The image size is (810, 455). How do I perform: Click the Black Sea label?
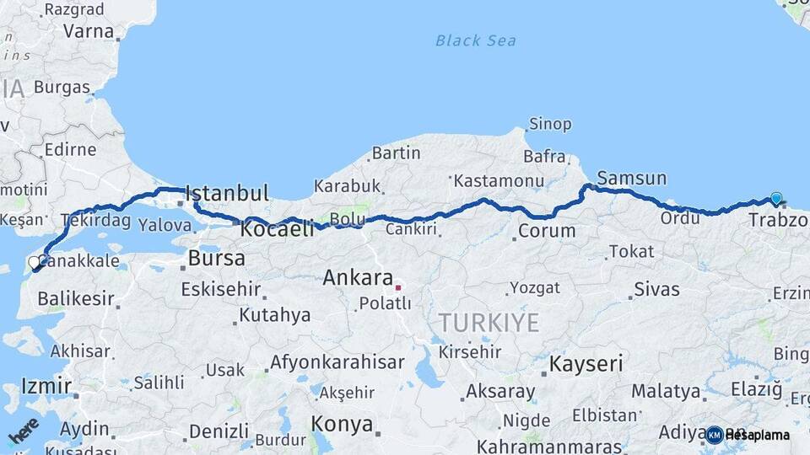pos(476,40)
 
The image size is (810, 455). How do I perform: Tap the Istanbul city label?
pos(226,193)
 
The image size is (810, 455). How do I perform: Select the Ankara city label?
pos(358,278)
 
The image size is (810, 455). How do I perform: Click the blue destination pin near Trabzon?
pos(776,199)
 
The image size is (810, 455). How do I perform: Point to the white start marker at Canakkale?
pos(35,263)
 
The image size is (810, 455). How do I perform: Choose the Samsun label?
pos(631,179)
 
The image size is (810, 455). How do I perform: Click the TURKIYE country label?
pos(489,322)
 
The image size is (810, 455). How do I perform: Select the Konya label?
pos(342,424)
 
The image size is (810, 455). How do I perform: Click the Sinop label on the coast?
pos(549,125)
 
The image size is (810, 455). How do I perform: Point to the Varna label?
pos(88,32)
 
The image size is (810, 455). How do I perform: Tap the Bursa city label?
pos(217,258)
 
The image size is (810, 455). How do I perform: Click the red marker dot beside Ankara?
pos(398,287)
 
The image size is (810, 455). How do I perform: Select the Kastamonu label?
pos(499,181)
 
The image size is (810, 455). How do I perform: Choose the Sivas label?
pos(656,290)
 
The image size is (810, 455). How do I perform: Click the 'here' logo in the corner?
pos(23,430)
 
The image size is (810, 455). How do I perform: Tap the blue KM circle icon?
pos(715,435)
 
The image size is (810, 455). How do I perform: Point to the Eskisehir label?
pos(220,290)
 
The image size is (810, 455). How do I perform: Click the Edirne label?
pos(70,150)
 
